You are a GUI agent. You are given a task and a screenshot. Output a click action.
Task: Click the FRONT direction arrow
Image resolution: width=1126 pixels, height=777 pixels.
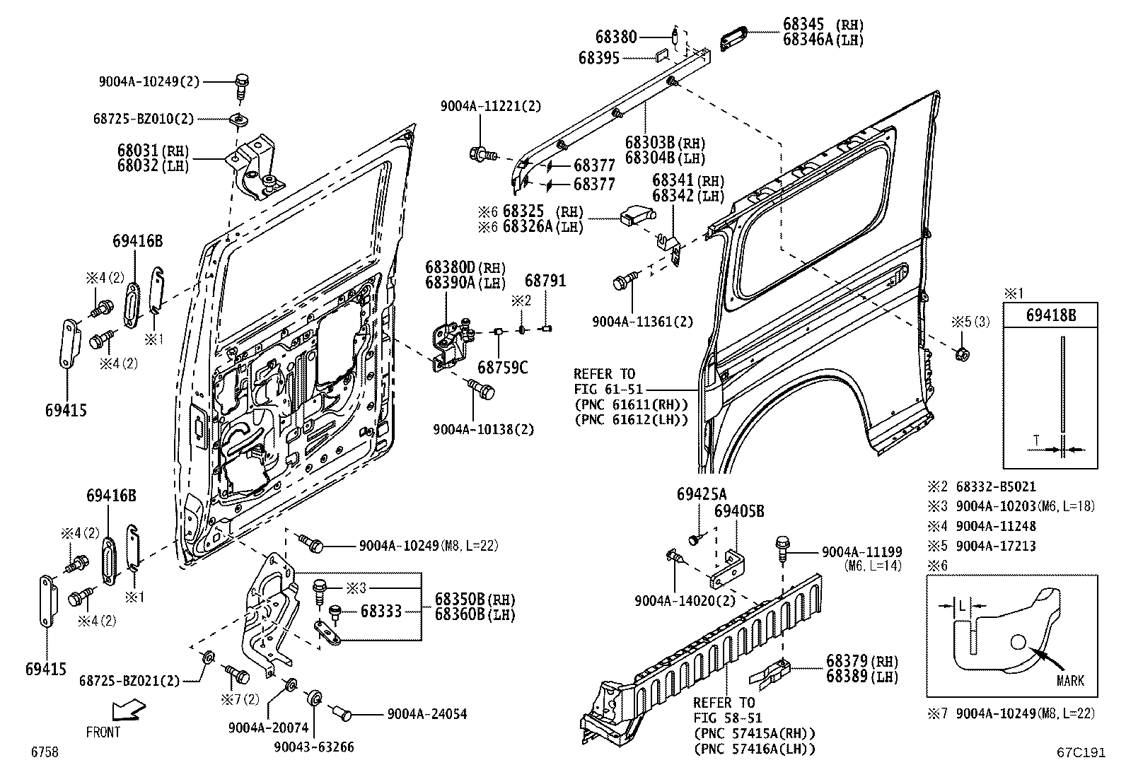[128, 708]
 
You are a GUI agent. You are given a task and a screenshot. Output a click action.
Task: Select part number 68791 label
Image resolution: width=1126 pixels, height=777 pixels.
[545, 281]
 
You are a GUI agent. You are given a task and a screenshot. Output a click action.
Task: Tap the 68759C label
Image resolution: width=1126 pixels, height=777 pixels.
[502, 367]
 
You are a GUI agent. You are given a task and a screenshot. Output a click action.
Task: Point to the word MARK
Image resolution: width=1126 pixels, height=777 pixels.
[1070, 681]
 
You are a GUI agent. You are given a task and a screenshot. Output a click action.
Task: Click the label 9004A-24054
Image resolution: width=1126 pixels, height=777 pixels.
[426, 714]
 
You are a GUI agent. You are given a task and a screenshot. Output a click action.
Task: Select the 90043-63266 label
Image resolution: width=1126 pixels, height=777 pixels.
[315, 747]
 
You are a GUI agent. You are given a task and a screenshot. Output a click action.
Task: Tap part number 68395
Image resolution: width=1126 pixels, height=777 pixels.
[598, 58]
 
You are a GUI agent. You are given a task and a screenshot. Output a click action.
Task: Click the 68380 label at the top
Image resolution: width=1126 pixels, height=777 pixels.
[616, 37]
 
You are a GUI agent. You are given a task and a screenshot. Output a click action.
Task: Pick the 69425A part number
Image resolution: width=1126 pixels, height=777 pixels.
[701, 493]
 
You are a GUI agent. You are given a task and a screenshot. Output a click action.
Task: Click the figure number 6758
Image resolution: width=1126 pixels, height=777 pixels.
[44, 752]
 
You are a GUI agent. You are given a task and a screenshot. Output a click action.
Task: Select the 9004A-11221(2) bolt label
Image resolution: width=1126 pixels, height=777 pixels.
[490, 106]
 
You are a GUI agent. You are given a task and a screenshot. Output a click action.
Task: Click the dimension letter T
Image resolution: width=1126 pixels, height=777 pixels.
[1036, 440]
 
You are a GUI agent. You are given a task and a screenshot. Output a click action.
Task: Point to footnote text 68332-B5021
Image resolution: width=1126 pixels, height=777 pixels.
[995, 486]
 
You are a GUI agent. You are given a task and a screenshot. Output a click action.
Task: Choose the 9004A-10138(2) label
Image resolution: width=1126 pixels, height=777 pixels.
[483, 429]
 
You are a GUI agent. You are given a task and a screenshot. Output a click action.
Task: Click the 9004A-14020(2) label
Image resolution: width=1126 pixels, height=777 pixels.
[685, 600]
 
